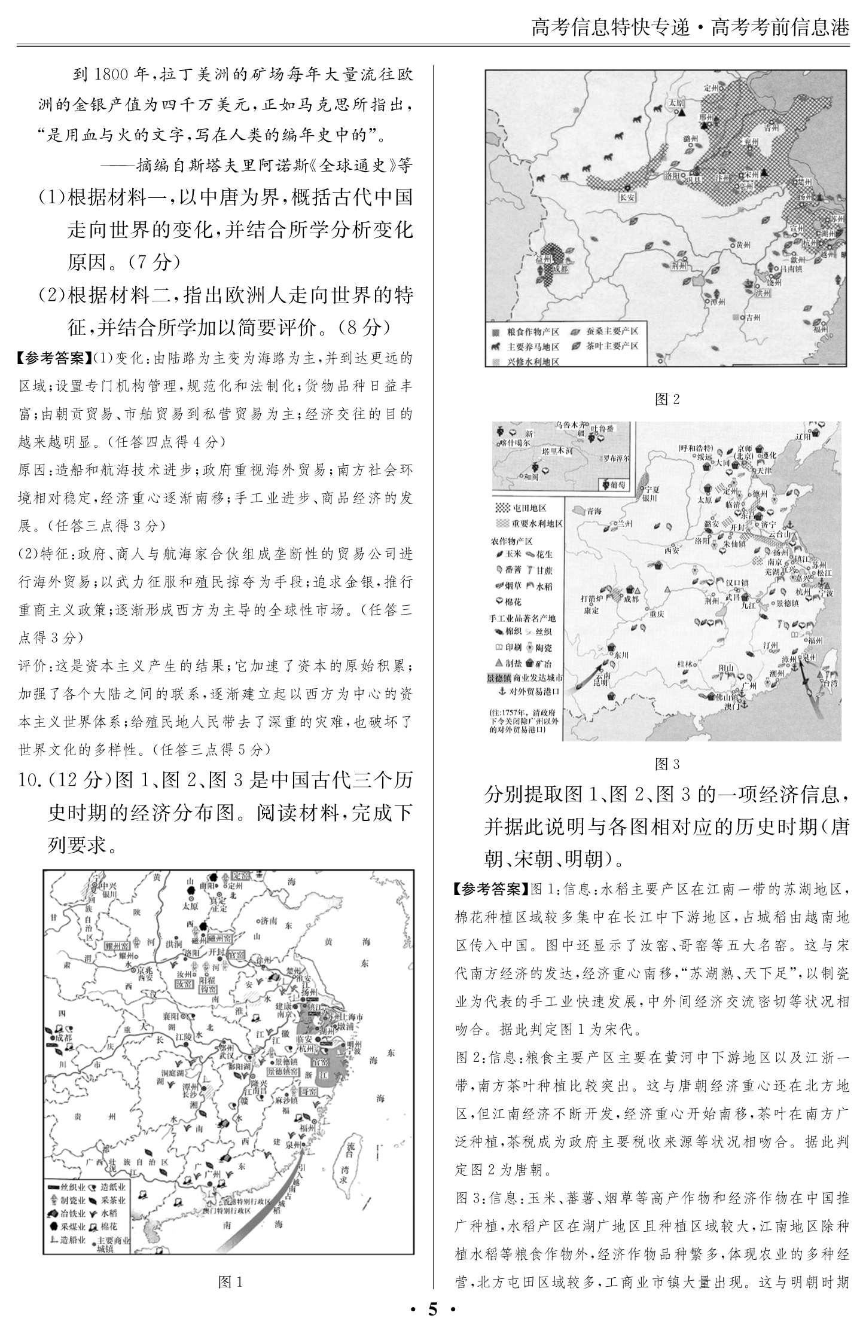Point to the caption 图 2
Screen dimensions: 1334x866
click(667, 399)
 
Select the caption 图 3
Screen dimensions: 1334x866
click(667, 764)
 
